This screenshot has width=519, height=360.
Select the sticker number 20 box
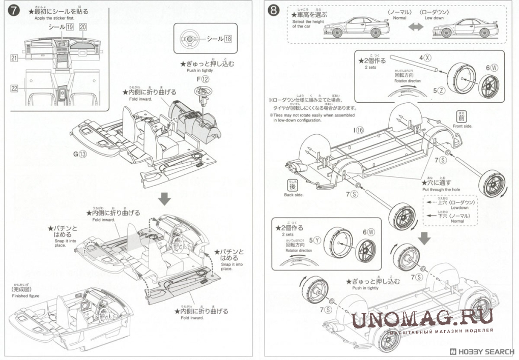[83, 26]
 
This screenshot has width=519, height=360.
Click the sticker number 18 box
[227, 39]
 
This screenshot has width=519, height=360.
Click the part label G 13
[80, 155]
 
